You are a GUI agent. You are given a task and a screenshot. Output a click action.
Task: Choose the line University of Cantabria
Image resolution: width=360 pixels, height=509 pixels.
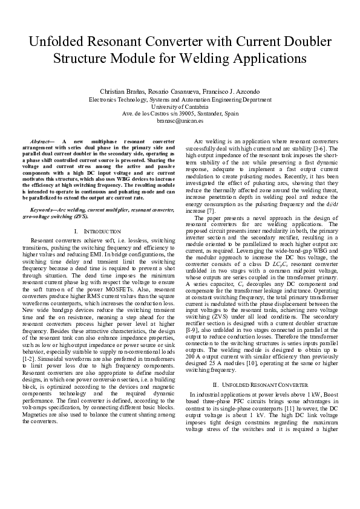coord(180,106)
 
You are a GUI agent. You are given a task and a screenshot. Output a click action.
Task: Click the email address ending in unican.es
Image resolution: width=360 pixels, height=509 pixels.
coord(180,120)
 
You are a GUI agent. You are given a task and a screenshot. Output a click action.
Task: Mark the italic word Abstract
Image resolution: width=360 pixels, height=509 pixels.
coord(41,140)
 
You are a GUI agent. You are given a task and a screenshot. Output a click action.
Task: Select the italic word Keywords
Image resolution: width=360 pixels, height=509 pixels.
coord(42,210)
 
